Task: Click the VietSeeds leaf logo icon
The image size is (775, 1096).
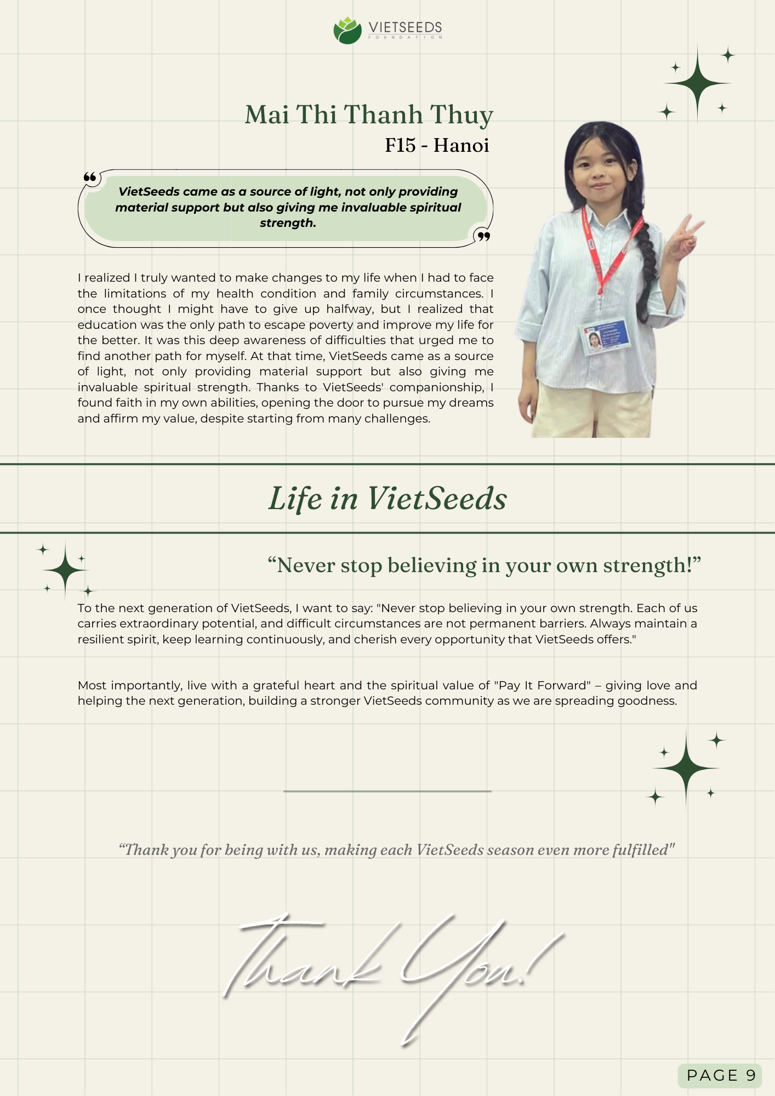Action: click(x=347, y=30)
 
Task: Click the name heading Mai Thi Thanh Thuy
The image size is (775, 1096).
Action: click(x=369, y=115)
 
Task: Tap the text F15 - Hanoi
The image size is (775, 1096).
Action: click(x=437, y=145)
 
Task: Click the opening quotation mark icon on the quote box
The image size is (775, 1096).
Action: click(x=90, y=177)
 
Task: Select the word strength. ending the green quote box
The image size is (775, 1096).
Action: click(x=288, y=223)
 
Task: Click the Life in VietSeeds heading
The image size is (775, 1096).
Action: click(x=387, y=498)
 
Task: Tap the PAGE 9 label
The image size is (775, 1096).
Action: click(x=721, y=1075)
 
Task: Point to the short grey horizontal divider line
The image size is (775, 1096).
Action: click(x=387, y=791)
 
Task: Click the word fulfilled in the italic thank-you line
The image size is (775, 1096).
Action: click(x=642, y=850)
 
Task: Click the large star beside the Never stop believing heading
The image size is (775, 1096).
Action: click(x=66, y=570)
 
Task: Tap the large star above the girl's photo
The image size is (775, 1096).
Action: click(x=697, y=83)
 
